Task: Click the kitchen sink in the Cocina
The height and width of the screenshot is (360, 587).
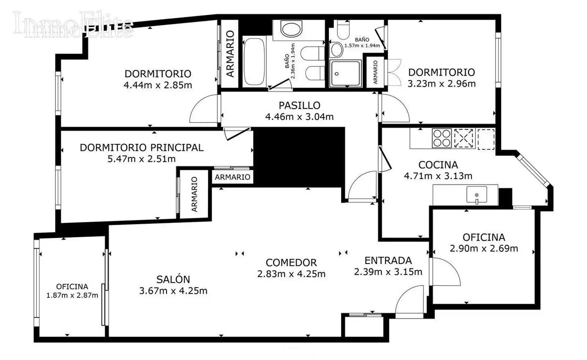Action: click(x=477, y=195)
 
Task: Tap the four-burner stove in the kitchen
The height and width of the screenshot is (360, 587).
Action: click(x=442, y=138)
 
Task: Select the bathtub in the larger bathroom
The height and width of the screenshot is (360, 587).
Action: click(x=254, y=62)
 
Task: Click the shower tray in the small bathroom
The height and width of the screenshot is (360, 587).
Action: click(x=345, y=73)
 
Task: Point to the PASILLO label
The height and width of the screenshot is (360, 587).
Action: click(x=299, y=105)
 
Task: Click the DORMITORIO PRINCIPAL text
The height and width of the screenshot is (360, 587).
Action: click(x=142, y=148)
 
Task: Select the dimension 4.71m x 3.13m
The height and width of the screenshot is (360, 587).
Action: click(x=438, y=176)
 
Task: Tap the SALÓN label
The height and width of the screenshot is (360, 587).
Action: click(x=173, y=279)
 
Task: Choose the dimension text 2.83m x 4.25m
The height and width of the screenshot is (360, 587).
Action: click(x=291, y=274)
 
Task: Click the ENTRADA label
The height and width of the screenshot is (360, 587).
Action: click(x=388, y=261)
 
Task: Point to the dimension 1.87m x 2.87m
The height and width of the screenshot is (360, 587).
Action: click(x=72, y=295)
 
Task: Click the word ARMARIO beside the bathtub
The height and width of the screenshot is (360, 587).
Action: click(x=230, y=54)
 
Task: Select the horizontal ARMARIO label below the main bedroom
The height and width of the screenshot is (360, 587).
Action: click(x=233, y=177)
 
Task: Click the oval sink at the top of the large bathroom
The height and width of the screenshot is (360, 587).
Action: click(x=291, y=29)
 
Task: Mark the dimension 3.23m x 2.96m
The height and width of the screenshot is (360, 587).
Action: click(x=442, y=84)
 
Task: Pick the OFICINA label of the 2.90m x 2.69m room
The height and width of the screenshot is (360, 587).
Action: click(x=484, y=237)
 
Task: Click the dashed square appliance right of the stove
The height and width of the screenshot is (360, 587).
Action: click(x=463, y=138)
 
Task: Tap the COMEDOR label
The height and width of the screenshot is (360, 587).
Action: click(x=291, y=262)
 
